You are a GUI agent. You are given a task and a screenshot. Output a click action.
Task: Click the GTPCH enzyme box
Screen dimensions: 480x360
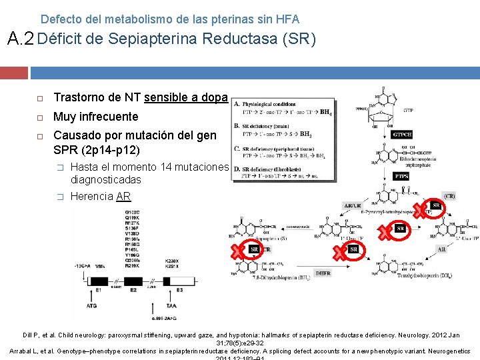[x=402, y=134]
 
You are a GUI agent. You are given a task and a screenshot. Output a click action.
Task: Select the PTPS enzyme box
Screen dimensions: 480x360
[x=401, y=177]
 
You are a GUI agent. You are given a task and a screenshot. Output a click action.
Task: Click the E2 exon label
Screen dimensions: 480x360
[x=133, y=289]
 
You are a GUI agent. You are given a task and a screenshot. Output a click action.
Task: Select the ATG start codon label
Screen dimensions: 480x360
[x=91, y=306]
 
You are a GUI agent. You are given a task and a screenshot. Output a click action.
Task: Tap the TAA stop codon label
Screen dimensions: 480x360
[x=171, y=306]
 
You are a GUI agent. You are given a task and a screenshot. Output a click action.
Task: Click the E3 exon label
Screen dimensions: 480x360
[x=179, y=289]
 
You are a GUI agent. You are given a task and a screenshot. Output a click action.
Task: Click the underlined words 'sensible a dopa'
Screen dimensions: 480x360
[x=186, y=98]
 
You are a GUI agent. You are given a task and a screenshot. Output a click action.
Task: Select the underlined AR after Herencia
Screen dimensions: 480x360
[x=123, y=196]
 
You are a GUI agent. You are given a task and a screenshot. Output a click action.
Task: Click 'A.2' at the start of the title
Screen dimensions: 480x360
[x=20, y=39]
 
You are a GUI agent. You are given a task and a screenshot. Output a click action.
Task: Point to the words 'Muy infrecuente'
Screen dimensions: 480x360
[x=95, y=117]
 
